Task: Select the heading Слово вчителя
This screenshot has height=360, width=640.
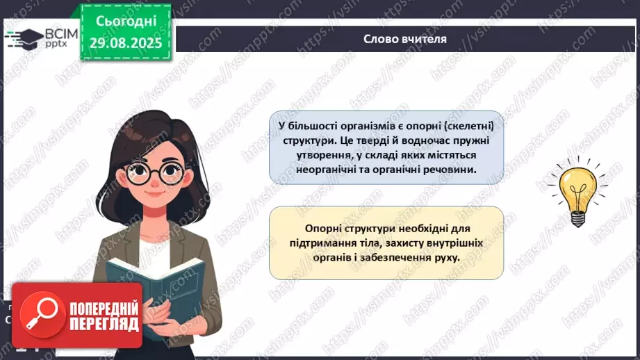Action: (405, 39)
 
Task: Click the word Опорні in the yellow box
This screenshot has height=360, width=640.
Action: (325, 228)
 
